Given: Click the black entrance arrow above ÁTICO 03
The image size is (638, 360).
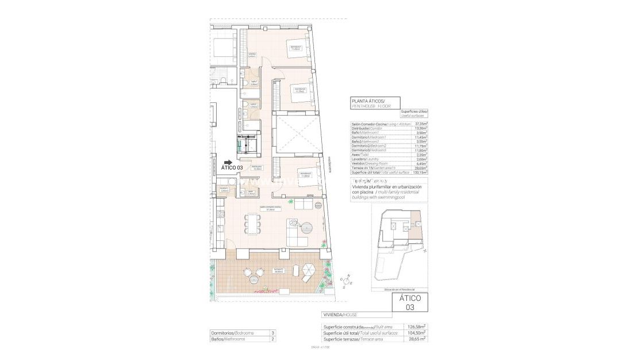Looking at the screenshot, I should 228,163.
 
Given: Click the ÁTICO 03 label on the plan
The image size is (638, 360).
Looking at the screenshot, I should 232,168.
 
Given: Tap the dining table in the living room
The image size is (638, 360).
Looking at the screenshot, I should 252,223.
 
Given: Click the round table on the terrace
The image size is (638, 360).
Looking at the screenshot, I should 254,281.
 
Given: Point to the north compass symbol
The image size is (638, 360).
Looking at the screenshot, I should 347,281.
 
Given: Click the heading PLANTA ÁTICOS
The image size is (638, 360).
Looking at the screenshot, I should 370,101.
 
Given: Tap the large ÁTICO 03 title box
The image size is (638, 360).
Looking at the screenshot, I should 410,303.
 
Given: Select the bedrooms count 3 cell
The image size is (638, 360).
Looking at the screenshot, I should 273,332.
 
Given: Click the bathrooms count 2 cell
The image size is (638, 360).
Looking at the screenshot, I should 273,339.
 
